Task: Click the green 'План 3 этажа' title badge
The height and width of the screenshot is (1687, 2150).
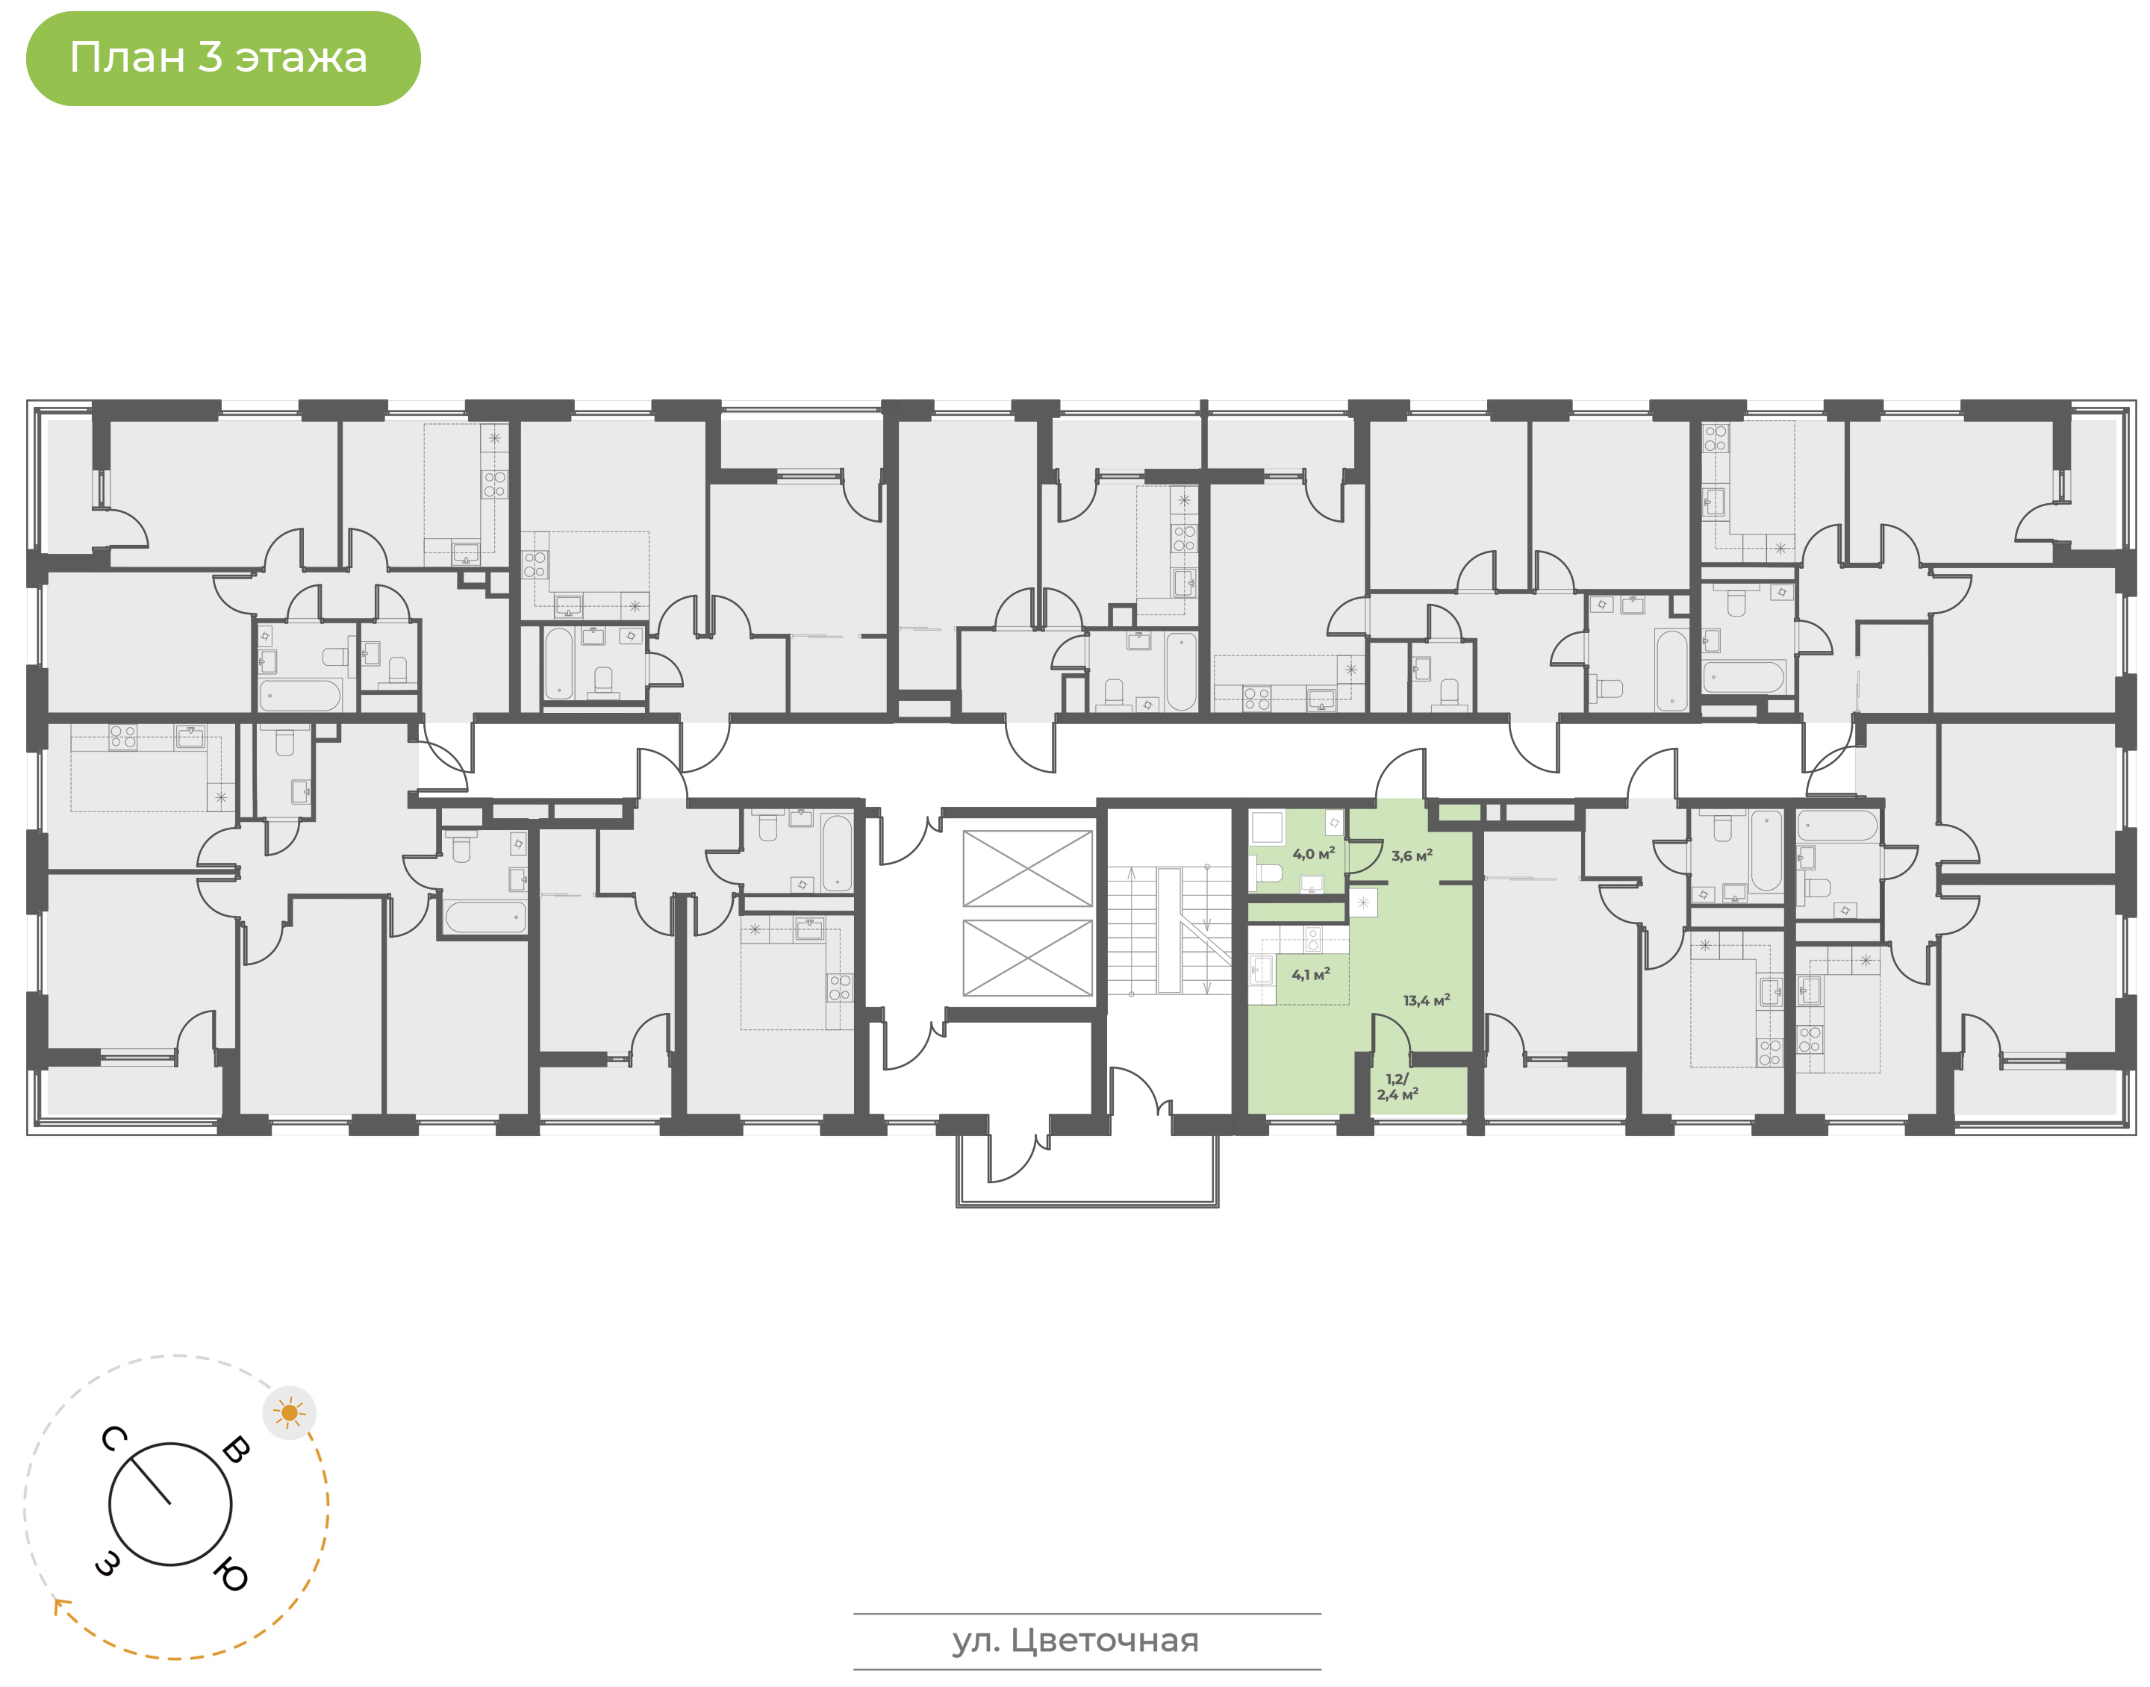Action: (223, 58)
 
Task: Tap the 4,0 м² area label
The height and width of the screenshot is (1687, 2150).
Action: (1313, 853)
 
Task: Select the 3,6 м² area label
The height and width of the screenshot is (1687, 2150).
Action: (1411, 855)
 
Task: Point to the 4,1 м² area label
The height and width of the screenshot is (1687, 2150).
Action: (1311, 975)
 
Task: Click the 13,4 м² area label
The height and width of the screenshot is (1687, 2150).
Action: (1426, 1000)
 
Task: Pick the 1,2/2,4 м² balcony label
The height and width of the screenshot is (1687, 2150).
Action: (1397, 1087)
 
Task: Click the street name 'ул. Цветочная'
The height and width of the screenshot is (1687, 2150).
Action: (1076, 1641)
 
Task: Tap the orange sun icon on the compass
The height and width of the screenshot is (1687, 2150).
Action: (290, 1413)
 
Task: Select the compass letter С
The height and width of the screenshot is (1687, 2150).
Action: (113, 1439)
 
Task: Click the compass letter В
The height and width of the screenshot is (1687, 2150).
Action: (236, 1450)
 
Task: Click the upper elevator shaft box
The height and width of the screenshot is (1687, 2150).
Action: (1027, 868)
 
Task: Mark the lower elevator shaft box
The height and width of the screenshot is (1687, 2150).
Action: (1027, 958)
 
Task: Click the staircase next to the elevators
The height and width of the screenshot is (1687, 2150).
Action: (1168, 930)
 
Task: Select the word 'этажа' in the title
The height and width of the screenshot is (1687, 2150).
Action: (301, 59)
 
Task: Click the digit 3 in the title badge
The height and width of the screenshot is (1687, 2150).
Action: (209, 57)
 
